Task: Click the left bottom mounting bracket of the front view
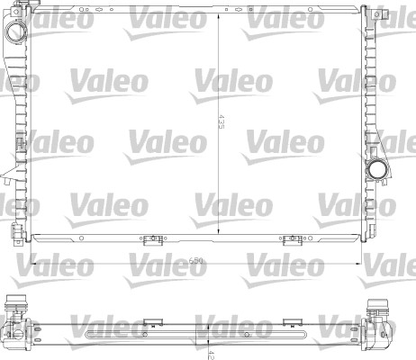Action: pos(149,239)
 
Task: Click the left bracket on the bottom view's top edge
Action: pos(149,320)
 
